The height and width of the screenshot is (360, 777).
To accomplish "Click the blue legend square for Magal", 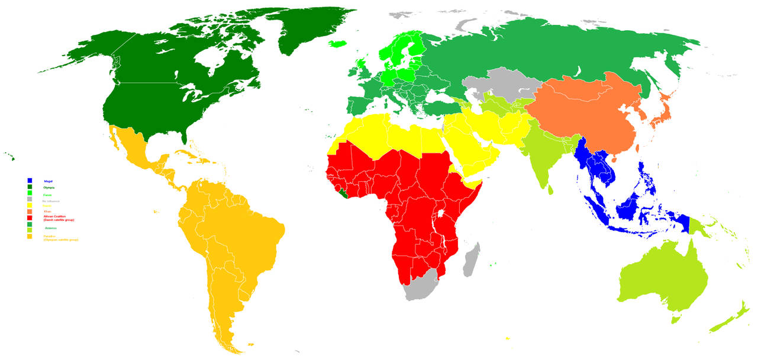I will (x=30, y=181).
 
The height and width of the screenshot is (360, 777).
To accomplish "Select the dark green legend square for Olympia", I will (x=30, y=187).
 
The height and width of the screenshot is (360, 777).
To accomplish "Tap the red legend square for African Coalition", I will (x=30, y=218).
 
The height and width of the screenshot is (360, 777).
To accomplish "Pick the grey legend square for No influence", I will (x=30, y=199).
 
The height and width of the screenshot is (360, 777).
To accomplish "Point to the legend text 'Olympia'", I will (x=49, y=188).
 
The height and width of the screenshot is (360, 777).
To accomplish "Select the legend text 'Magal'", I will (x=49, y=181).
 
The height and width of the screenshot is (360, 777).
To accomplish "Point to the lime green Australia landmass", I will (x=663, y=278).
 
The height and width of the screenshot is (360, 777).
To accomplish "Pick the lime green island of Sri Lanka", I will (x=551, y=189).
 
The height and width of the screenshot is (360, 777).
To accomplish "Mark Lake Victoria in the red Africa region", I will (x=440, y=213).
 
